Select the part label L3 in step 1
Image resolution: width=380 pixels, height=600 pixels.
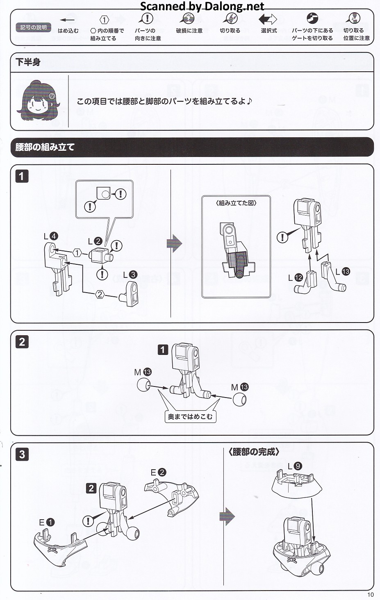(x=130, y=275)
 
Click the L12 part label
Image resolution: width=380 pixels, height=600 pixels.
(x=295, y=277)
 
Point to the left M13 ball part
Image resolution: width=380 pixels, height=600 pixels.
(x=143, y=385)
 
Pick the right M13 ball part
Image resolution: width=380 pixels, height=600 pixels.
(x=239, y=399)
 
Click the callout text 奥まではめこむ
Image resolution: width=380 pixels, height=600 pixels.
(x=190, y=417)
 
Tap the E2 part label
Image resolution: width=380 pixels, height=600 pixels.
(x=158, y=472)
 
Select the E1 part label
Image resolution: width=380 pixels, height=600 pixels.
(x=46, y=522)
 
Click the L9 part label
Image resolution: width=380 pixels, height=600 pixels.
(x=295, y=466)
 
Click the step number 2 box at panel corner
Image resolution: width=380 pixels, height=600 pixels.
(x=22, y=342)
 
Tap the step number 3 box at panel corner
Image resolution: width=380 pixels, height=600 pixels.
(x=22, y=454)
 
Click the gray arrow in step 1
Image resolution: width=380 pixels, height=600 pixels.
(x=174, y=243)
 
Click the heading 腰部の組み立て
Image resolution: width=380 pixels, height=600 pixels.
(x=45, y=147)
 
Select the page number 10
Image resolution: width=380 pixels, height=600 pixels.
(x=370, y=594)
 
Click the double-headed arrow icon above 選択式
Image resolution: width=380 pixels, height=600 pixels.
(x=268, y=19)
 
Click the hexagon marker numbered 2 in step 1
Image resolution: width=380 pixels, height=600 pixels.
(x=100, y=294)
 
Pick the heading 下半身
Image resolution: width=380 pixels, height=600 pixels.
(x=28, y=62)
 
